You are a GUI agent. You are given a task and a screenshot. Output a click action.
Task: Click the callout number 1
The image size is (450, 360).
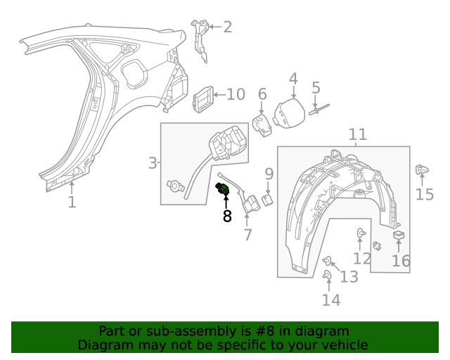(72, 202)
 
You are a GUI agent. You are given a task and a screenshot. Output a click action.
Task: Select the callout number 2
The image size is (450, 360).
(226, 27)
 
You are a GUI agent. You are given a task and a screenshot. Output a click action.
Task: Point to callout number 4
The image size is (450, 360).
(293, 79)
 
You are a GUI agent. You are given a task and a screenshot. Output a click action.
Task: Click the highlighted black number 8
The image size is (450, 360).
(227, 217)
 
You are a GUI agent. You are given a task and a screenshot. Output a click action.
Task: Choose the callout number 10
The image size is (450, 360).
(236, 94)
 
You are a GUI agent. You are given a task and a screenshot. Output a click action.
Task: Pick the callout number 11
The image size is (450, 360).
(358, 134)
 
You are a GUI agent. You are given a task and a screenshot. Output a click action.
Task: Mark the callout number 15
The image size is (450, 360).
(425, 194)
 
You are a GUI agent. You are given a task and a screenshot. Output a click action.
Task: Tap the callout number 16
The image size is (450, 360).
(401, 262)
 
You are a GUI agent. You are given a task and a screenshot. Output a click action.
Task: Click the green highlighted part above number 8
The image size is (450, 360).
(224, 190)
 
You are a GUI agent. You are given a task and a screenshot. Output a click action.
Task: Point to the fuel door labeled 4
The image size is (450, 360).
(287, 114)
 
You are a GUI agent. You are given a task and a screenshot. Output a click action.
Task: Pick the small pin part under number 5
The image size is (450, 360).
(317, 108)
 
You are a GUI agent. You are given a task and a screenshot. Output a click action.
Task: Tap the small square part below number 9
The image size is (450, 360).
(268, 200)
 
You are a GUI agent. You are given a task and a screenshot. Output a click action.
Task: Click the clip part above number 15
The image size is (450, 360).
(422, 169)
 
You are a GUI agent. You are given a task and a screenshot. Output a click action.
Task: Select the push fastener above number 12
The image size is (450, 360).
(361, 232)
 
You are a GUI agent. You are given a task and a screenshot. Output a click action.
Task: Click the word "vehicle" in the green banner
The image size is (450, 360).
(342, 345)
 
